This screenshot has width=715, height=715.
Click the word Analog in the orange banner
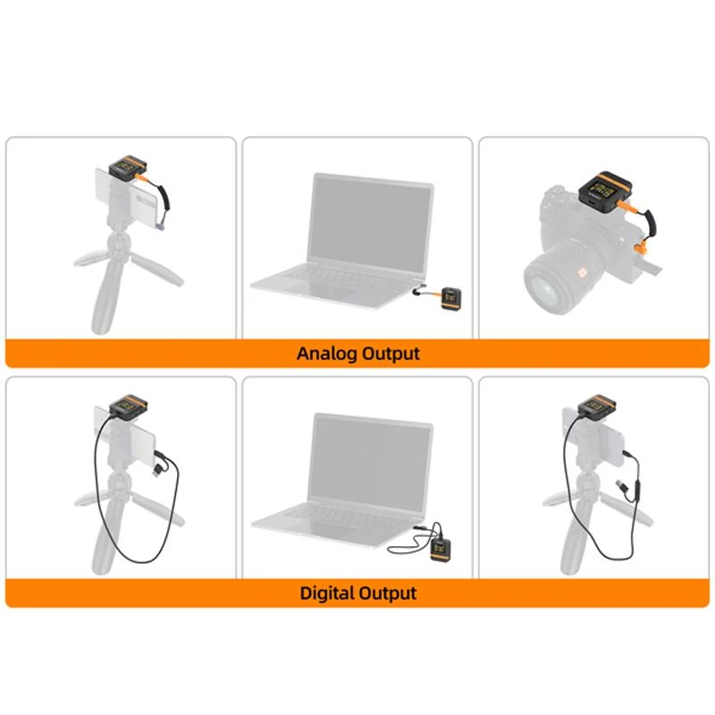(325, 353)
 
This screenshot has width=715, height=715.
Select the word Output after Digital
(388, 593)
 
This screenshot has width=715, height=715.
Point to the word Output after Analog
(390, 353)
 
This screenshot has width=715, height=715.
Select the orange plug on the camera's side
(641, 246)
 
